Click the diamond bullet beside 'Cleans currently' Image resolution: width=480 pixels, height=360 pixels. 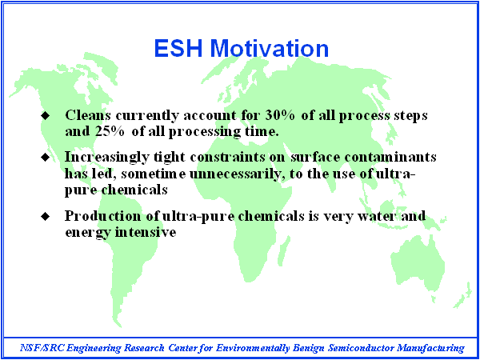[x=46, y=116]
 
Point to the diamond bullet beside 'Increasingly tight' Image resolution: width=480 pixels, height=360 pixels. [x=46, y=157]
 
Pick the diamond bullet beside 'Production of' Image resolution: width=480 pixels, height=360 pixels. [x=46, y=216]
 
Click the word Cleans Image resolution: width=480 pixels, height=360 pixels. [x=88, y=115]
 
